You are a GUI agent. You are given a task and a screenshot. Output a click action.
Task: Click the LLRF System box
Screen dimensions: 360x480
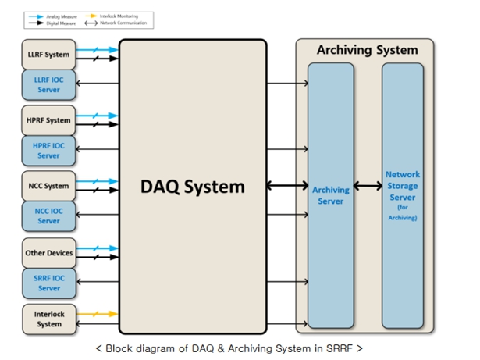coord(48,55)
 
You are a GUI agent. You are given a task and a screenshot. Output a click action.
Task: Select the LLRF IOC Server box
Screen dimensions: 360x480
coord(48,83)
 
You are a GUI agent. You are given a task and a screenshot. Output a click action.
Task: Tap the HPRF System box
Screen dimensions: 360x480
coord(48,120)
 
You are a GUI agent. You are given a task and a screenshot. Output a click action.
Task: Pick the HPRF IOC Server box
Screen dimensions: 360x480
coord(48,150)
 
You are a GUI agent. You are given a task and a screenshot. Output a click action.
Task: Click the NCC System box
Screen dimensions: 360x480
coord(48,186)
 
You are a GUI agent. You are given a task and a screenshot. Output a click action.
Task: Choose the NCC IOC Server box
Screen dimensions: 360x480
coord(48,216)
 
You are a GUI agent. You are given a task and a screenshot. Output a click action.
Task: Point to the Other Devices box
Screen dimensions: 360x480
coord(48,253)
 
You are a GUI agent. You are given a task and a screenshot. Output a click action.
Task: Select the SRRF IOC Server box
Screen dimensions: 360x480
coord(48,283)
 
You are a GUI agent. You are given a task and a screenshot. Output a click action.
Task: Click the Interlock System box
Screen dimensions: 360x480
coord(48,319)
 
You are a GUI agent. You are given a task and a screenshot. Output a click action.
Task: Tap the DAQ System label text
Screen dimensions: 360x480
coord(193,187)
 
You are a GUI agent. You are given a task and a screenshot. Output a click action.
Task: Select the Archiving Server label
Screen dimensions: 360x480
coord(330,195)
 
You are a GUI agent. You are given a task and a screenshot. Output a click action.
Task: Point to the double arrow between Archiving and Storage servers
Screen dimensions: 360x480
coord(368,186)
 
